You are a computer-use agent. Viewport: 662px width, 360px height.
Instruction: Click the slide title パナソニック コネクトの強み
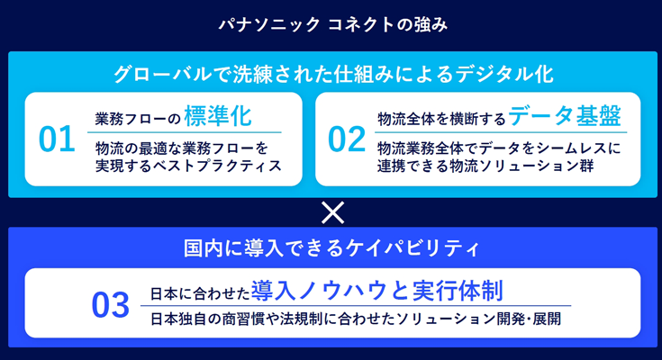(x=332, y=25)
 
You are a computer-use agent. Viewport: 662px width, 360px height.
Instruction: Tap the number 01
(x=57, y=139)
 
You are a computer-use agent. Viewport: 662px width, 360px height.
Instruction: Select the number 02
(x=347, y=139)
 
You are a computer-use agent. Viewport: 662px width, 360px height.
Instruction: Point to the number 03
(x=110, y=305)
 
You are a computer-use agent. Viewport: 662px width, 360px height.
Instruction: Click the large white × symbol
(x=332, y=212)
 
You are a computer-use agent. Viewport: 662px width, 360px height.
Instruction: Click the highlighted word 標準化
(x=218, y=116)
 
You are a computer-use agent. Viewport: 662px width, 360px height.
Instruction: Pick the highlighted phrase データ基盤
(x=565, y=115)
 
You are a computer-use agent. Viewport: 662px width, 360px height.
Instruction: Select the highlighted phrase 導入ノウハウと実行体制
(x=377, y=291)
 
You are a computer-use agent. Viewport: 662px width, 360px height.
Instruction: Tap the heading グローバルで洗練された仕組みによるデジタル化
(x=333, y=75)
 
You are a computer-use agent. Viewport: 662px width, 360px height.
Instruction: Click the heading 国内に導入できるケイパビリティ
(x=331, y=248)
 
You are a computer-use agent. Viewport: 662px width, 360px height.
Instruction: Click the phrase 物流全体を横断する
(x=441, y=120)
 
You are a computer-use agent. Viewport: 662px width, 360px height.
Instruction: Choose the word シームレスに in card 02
(x=585, y=148)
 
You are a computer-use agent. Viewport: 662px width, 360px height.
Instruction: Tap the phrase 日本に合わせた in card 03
(x=200, y=293)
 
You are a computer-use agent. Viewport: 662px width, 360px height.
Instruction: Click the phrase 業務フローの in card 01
(x=138, y=120)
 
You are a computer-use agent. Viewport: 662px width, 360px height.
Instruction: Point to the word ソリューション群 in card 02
(x=536, y=166)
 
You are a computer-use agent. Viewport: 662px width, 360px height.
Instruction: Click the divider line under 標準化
(x=185, y=132)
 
